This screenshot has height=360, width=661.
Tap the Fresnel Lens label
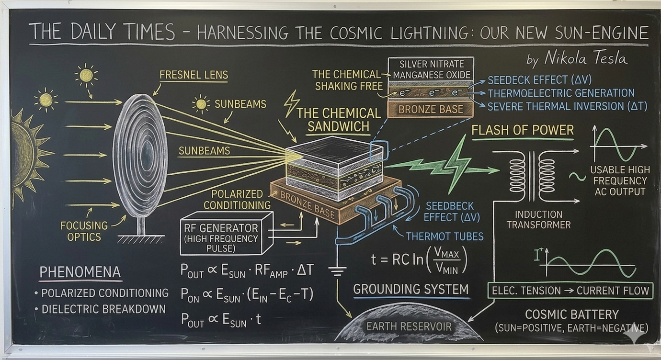click(194, 75)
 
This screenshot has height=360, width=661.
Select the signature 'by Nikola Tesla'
click(577, 58)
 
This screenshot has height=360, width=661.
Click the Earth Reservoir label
click(409, 326)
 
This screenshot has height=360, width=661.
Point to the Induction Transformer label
click(539, 220)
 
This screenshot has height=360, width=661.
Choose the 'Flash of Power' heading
click(523, 130)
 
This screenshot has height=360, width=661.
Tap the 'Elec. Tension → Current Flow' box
click(570, 291)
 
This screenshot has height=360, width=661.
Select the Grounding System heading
click(411, 289)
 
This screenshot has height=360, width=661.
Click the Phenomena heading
click(80, 272)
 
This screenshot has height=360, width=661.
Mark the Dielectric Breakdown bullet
click(100, 309)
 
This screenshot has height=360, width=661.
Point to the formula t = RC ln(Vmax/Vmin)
click(419, 260)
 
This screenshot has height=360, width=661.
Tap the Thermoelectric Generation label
click(561, 93)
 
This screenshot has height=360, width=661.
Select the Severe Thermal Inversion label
click(567, 106)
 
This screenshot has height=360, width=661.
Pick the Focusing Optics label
click(84, 231)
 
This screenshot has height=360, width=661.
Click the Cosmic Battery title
click(572, 315)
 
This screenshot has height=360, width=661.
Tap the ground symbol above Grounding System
click(337, 270)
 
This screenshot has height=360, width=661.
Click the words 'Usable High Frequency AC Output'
click(620, 181)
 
